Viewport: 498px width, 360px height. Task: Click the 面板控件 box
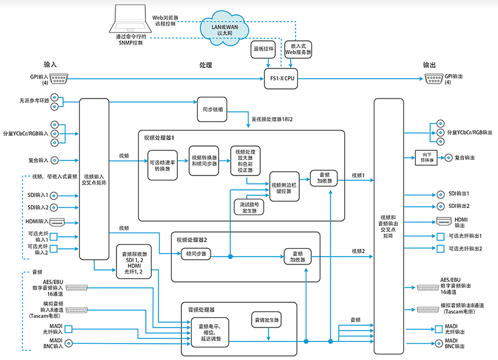click(x=263, y=49)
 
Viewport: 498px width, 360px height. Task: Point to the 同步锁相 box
click(x=206, y=110)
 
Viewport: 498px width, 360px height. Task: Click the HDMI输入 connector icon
click(x=58, y=221)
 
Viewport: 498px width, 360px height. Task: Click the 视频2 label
click(x=359, y=251)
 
